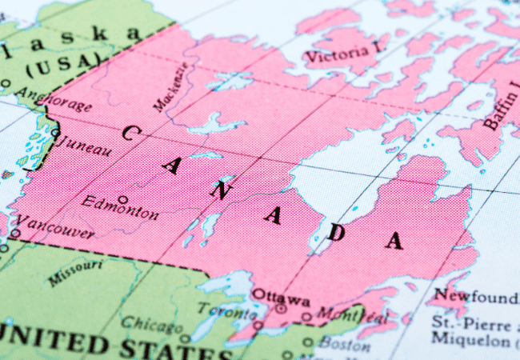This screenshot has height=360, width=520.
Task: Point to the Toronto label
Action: pos(223,309)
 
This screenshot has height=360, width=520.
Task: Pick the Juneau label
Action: pos(83,145)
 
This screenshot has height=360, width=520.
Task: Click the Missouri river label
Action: pos(75,273)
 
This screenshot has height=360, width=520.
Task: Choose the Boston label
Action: pos(343,345)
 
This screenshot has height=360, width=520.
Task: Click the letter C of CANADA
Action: pos(127,133)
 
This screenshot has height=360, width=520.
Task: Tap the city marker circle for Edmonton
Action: pos(122,198)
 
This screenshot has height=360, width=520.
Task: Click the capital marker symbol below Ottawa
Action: pos(281,309)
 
